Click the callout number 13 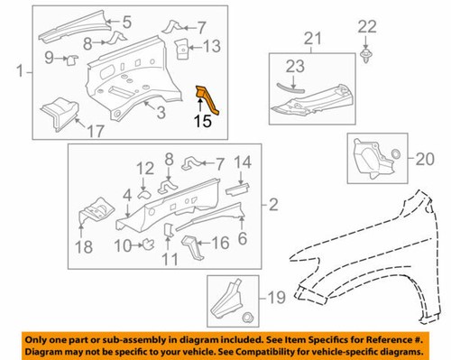[209, 47]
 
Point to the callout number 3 [160, 111]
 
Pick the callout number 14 [241, 162]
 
